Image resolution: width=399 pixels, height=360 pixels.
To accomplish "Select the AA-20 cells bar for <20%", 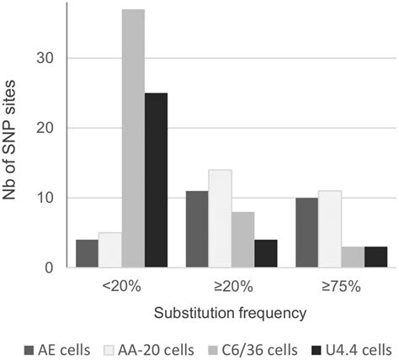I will pos(110,251).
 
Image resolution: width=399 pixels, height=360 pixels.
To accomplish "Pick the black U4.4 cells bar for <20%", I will pos(156,181).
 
